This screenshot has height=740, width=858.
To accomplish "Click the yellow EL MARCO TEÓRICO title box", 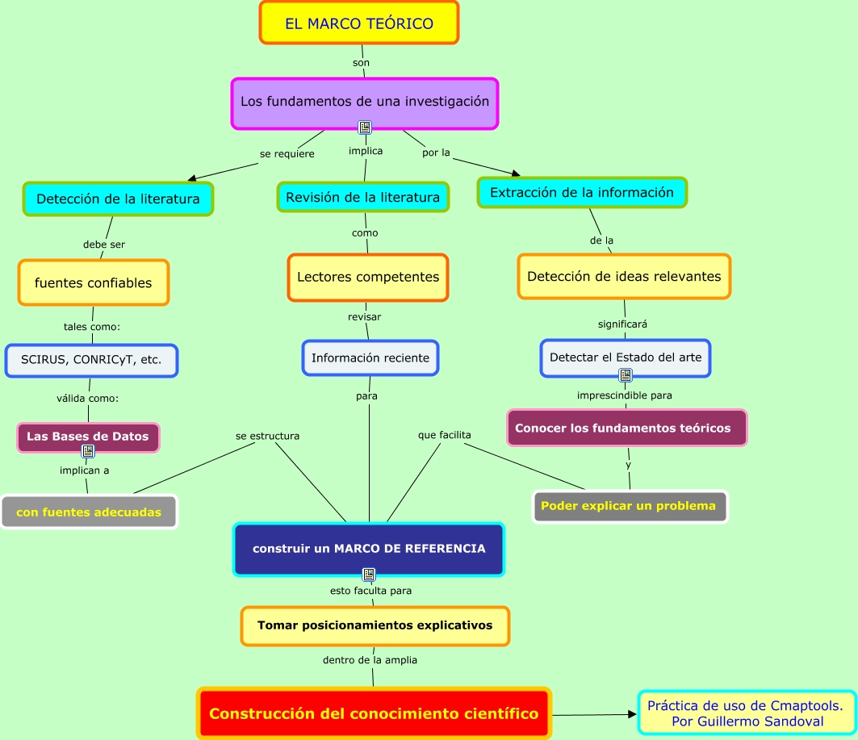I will (359, 23).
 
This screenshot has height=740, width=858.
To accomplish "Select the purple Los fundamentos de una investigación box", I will (365, 102).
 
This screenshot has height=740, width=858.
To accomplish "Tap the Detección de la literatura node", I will (118, 199).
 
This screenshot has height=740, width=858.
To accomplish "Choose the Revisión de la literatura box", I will (363, 197).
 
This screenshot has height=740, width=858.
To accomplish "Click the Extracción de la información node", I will (582, 193).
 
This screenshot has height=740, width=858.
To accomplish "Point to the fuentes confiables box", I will (94, 283).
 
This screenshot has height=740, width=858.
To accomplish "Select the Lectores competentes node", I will (368, 278).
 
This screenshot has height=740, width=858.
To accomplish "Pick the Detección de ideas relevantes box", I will (624, 277).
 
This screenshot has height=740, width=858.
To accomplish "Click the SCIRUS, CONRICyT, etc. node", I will (91, 361).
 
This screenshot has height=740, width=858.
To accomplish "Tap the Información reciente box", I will (370, 357).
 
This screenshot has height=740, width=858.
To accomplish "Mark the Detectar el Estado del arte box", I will (626, 357).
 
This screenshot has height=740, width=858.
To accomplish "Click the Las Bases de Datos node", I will (88, 437).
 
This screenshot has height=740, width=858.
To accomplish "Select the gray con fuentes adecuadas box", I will (89, 512).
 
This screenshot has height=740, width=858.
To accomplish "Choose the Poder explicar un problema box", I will (630, 507).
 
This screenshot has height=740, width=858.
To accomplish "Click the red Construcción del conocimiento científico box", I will (374, 713).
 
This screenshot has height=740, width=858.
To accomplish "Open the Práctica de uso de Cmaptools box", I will (746, 713).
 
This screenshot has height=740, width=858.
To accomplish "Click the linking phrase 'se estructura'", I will (267, 436).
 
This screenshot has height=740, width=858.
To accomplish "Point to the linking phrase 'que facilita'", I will (445, 435).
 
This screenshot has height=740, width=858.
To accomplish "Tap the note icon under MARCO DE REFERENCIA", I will (369, 575).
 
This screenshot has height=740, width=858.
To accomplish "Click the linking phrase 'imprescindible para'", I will (625, 395).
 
